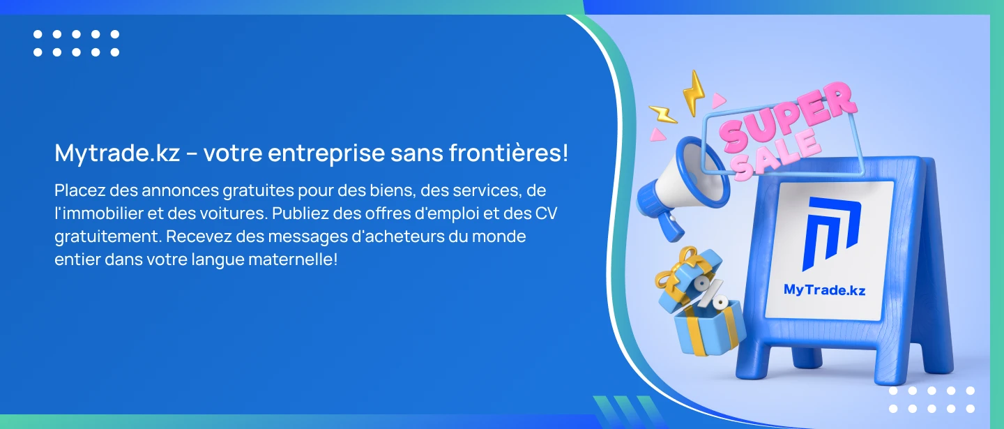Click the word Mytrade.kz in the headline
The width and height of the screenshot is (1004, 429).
coord(117,153)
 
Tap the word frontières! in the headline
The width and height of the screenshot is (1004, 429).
coord(509,152)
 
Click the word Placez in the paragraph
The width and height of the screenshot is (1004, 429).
coord(79,190)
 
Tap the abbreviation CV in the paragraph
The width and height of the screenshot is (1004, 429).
coord(546,213)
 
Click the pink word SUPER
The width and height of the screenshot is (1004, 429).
coord(788,115)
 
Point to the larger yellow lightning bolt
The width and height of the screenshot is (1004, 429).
coord(693,93)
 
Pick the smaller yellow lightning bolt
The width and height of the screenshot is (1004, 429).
coord(662,114)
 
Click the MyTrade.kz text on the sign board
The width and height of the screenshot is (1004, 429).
coord(824,290)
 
